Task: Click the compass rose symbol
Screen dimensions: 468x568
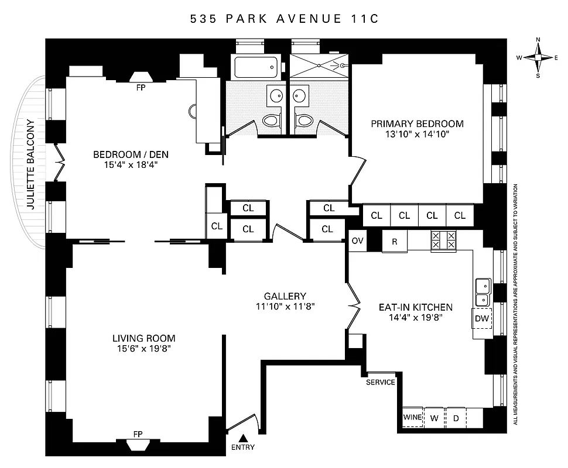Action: (538, 57)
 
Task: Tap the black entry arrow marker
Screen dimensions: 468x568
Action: (243, 438)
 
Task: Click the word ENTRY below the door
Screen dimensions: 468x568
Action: (243, 448)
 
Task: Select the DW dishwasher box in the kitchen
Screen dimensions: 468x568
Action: (481, 319)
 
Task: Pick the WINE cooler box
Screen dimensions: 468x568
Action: (412, 418)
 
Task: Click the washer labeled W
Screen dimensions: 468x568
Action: (434, 418)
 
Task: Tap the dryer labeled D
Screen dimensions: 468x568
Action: (455, 418)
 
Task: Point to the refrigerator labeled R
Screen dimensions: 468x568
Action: (395, 241)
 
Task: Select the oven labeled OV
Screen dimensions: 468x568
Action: (357, 240)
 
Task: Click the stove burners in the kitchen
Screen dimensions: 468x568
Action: (443, 240)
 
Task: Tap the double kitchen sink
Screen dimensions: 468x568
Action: (483, 292)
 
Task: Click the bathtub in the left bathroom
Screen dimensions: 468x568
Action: (256, 68)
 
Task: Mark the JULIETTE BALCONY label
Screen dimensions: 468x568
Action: (31, 164)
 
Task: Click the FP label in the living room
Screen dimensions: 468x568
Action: (138, 433)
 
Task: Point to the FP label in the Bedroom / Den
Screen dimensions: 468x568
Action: (140, 88)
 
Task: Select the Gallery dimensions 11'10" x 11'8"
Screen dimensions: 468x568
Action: (285, 307)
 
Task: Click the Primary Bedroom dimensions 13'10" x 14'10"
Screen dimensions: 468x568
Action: (417, 134)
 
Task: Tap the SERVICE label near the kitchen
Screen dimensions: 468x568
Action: (381, 383)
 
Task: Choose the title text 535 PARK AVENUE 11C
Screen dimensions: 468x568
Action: (285, 19)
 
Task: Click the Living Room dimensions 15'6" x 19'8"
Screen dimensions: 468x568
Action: (144, 349)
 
